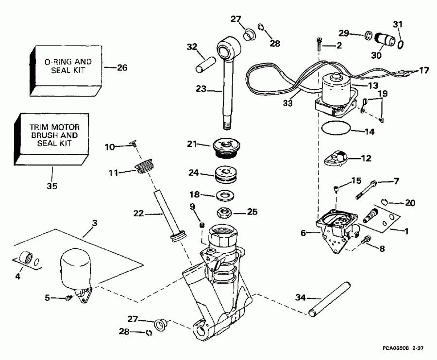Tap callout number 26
point(122,68)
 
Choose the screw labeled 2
point(318,46)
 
